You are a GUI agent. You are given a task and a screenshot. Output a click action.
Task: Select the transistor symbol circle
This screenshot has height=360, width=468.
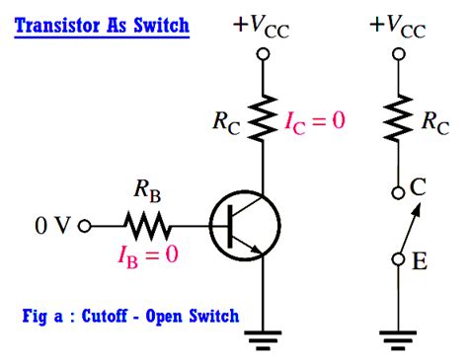pos(243,226)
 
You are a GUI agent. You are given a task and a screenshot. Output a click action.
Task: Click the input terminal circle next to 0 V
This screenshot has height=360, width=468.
pos(85,226)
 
